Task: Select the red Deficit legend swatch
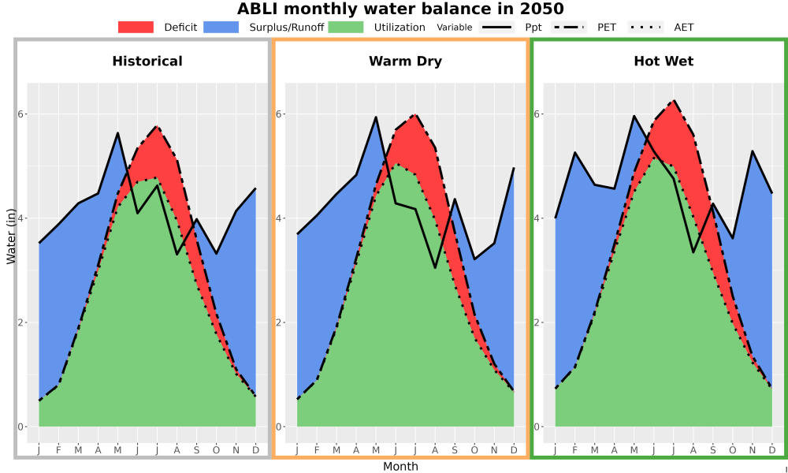pos(136,27)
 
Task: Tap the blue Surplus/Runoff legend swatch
pos(221,27)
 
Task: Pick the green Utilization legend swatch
pos(346,27)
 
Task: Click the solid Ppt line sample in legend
pos(496,27)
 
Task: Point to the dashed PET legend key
pos(569,27)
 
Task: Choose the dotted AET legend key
pos(646,27)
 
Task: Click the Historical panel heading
pos(147,61)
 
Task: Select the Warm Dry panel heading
pos(406,61)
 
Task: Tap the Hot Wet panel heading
pos(663,61)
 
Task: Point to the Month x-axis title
pos(400,467)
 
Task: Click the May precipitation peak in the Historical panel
pos(117,133)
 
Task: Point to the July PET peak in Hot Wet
pos(674,101)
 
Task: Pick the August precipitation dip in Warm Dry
pos(435,267)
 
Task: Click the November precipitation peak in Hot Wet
pos(753,151)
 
